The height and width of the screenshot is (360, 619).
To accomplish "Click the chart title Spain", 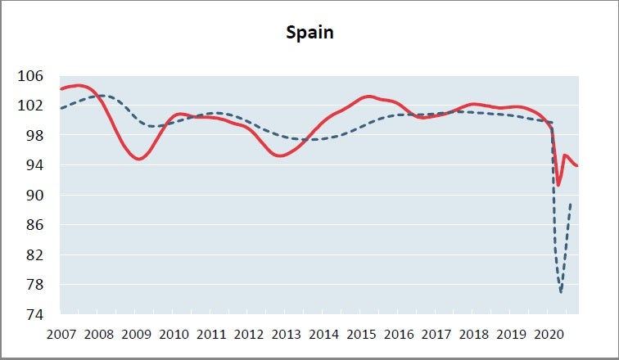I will tap(309, 34).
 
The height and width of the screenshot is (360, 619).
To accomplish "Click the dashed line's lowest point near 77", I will tap(561, 292).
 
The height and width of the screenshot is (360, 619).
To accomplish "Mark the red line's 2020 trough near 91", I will tap(558, 186).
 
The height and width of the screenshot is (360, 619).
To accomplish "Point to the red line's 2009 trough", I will tap(138, 159).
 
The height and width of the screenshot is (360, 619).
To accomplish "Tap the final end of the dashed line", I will tap(570, 203).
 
